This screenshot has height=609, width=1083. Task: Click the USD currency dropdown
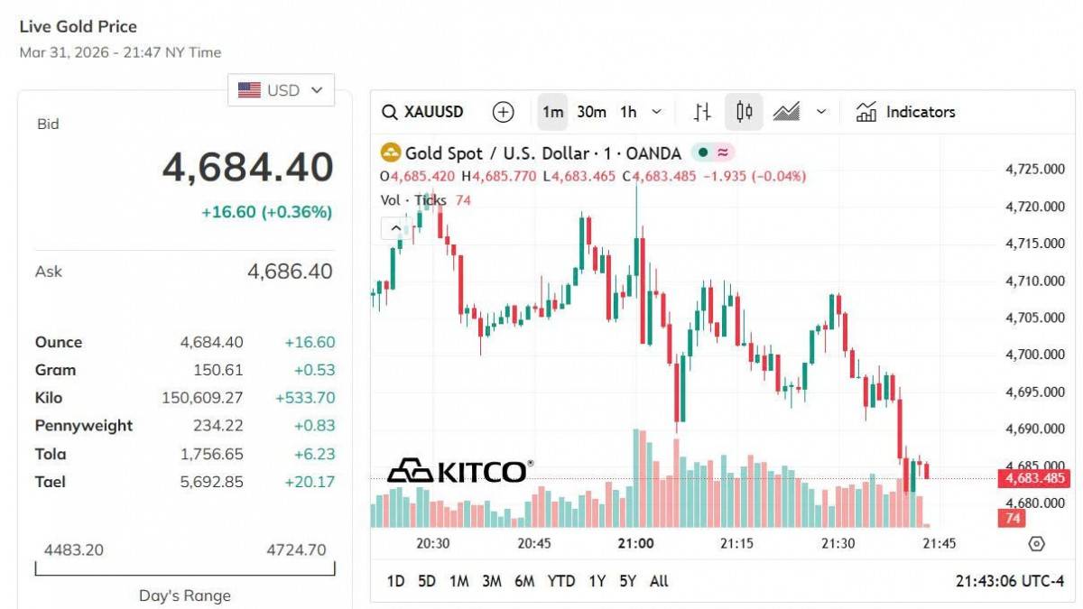(x=281, y=90)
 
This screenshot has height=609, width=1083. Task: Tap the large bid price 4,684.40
(x=247, y=168)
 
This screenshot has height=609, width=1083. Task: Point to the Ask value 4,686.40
(x=290, y=272)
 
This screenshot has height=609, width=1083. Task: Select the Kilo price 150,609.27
(x=202, y=398)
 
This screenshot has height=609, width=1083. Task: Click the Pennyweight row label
(x=84, y=426)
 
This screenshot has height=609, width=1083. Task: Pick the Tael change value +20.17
(x=310, y=482)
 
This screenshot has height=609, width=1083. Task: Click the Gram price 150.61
(x=218, y=370)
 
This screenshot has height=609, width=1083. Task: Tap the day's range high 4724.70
(x=297, y=549)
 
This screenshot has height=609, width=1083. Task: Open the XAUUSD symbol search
(x=423, y=112)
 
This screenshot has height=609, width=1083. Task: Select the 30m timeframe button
(x=591, y=112)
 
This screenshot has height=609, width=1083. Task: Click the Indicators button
(x=906, y=112)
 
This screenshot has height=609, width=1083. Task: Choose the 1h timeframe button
(x=628, y=112)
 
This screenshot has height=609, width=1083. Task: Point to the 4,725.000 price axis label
(x=1034, y=169)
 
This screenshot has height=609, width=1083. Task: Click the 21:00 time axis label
(x=636, y=544)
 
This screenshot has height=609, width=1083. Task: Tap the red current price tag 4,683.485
(x=1032, y=478)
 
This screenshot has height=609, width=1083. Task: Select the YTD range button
(x=561, y=581)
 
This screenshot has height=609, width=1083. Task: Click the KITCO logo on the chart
(x=459, y=471)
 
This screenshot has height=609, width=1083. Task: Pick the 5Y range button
(x=628, y=581)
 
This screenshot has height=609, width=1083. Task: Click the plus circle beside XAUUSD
(x=503, y=112)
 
